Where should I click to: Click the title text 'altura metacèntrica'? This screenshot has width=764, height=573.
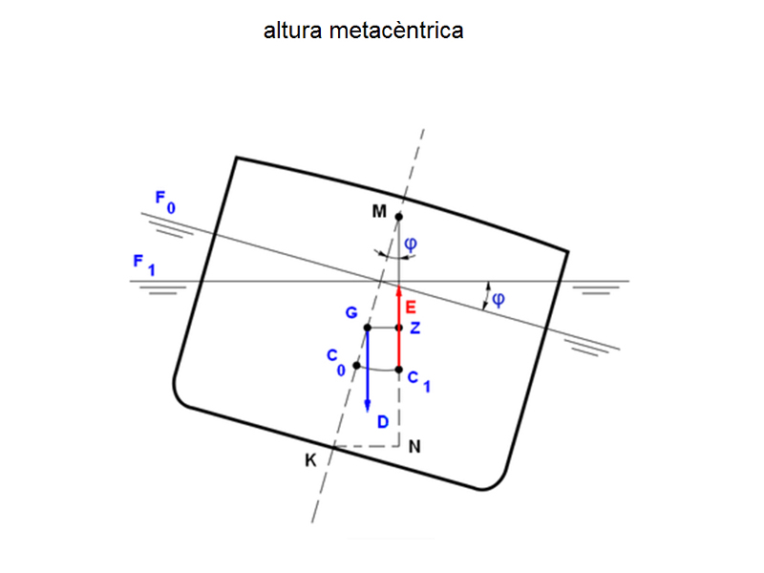(x=363, y=31)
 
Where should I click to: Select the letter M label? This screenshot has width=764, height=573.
(x=379, y=212)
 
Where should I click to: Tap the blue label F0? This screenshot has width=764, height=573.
(x=164, y=201)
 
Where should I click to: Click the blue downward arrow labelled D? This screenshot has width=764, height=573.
(x=368, y=372)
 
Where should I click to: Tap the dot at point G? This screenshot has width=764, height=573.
(x=368, y=328)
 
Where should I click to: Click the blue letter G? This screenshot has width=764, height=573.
(x=351, y=312)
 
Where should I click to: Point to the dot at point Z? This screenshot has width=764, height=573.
(x=399, y=328)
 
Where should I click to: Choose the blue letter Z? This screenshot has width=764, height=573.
(x=414, y=328)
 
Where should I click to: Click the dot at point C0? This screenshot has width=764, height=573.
(x=356, y=366)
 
